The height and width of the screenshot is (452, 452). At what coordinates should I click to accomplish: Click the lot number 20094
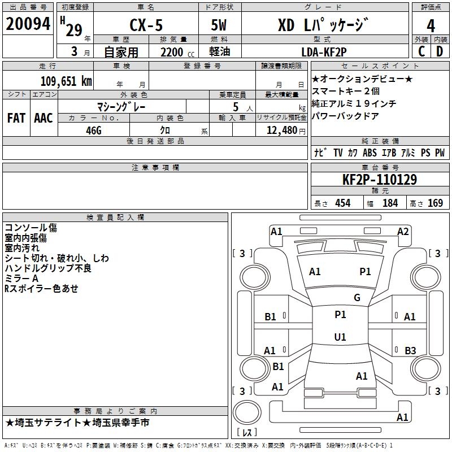[x=28, y=24]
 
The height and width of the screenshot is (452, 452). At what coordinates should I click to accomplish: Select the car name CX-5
[x=146, y=25]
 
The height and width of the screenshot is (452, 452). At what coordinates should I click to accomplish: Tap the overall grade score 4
[x=431, y=26]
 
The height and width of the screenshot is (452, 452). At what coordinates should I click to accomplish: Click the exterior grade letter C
[x=421, y=51]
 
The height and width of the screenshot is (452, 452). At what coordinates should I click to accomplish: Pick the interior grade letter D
[x=440, y=51]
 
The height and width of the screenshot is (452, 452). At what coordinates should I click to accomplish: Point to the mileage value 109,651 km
[x=66, y=81]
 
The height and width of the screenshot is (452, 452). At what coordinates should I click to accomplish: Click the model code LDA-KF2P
[x=324, y=52]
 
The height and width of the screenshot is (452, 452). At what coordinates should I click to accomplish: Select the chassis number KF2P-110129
[x=380, y=180]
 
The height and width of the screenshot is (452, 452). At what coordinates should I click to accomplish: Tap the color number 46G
[x=94, y=131]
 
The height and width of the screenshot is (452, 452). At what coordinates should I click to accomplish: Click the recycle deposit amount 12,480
[x=281, y=131]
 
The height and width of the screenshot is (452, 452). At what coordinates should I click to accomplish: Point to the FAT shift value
[x=16, y=118]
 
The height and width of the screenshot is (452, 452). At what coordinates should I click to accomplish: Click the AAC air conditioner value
[x=44, y=118]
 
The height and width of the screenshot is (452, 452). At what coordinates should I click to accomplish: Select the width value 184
[x=390, y=203]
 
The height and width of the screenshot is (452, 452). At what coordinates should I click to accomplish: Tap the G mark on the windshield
[x=357, y=298]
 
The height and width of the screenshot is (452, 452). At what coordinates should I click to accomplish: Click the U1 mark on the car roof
[x=340, y=337]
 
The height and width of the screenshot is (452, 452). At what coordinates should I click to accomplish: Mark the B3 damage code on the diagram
[x=410, y=350]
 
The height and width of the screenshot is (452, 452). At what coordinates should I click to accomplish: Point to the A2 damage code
[x=403, y=232]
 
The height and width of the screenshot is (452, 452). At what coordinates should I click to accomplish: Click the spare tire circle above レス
[x=247, y=412]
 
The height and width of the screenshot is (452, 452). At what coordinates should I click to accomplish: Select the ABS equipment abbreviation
[x=370, y=153]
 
